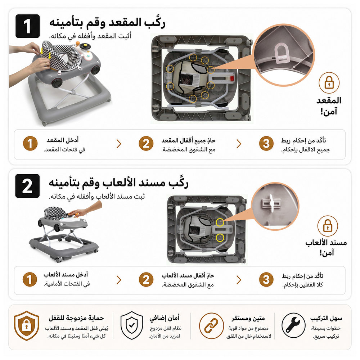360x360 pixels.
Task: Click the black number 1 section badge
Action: click(27, 26)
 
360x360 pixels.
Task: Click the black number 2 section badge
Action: click(27, 186)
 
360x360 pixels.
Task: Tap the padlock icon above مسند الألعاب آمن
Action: click(328, 226)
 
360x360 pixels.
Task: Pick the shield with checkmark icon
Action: click(132, 325)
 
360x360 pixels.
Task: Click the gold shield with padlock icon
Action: click(26, 325)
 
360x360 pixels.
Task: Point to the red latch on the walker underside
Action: click(232, 78)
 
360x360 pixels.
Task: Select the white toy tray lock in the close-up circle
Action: click(272, 203)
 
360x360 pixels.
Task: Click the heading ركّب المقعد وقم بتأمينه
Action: click(107, 23)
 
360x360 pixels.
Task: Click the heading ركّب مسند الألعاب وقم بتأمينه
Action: click(118, 183)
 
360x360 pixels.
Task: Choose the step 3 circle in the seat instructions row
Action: click(266, 144)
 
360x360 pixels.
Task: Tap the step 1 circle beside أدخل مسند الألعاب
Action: click(30, 280)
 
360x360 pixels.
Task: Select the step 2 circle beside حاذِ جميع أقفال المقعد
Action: click(146, 144)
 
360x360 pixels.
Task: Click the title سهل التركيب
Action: click(326, 319)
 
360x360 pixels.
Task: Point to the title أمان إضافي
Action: click(165, 319)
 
